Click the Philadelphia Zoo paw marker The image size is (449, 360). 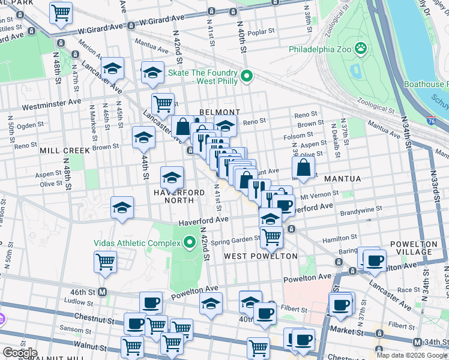[361, 48]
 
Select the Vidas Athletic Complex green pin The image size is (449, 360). [190, 242]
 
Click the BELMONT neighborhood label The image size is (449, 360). [220, 112]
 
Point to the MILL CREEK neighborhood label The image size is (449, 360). [64, 151]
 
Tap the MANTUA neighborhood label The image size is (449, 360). [342, 179]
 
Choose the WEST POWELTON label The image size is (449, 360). [261, 256]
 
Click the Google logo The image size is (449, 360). [19, 352]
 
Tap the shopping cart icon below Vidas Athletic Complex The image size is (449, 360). [105, 262]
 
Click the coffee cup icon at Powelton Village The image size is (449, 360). [376, 260]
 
